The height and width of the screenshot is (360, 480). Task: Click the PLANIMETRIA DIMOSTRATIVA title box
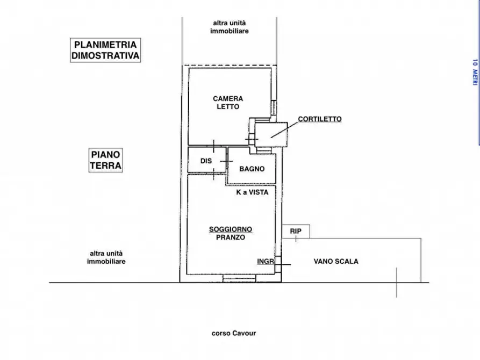(x=106, y=50)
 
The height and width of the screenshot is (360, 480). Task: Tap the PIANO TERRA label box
(x=105, y=161)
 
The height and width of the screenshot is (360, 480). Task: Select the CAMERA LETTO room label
(x=228, y=103)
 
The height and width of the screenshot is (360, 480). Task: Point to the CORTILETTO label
(x=320, y=119)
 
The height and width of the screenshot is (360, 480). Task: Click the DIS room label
(x=206, y=161)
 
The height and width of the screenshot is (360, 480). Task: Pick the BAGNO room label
(x=252, y=169)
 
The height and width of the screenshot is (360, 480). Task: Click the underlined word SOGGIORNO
(x=231, y=229)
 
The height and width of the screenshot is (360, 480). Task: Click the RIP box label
(x=296, y=231)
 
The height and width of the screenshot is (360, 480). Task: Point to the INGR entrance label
(x=266, y=262)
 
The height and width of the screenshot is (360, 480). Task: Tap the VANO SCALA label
(x=336, y=262)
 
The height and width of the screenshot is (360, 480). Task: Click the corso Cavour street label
(x=234, y=333)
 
